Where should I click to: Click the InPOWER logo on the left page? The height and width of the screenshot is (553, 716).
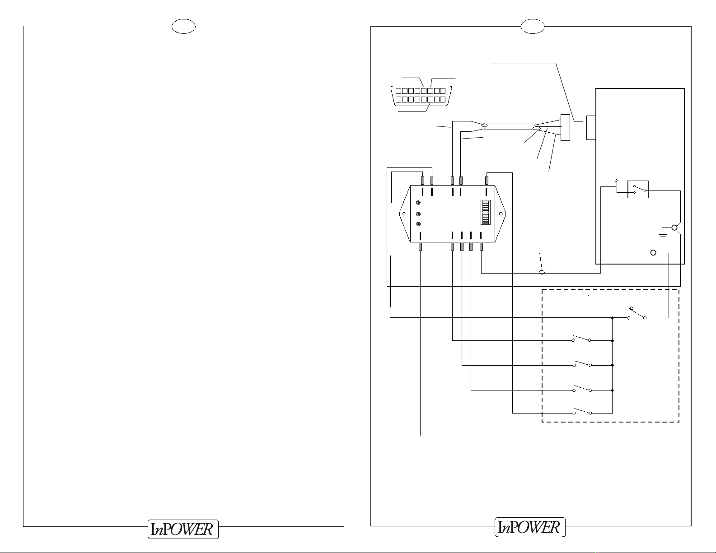[x=183, y=529]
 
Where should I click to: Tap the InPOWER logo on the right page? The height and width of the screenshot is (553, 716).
[x=530, y=527]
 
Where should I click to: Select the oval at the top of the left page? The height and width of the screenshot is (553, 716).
[x=183, y=26]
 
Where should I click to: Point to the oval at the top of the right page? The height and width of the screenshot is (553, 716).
[x=533, y=26]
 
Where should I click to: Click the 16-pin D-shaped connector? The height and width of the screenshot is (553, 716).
[x=421, y=95]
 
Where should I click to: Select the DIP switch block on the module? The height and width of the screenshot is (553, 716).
[x=485, y=212]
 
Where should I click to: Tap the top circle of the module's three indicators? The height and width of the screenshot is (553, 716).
[x=418, y=202]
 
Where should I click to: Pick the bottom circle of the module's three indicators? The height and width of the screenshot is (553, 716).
[x=418, y=224]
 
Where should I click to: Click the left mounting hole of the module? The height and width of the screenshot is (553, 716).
[x=404, y=214]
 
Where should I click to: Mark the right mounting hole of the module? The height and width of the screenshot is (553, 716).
[x=501, y=214]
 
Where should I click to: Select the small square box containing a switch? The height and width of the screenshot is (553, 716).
[x=638, y=189]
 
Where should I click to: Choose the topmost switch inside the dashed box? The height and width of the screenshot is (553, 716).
[x=637, y=313]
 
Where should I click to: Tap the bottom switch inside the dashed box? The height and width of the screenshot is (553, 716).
[x=582, y=411]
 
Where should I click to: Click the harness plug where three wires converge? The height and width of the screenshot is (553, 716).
[x=565, y=127]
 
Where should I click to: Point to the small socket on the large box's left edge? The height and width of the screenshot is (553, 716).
[x=591, y=128]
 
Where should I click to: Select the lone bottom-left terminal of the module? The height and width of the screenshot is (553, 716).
[x=420, y=247]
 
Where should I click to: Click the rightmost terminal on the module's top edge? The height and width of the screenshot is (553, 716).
[x=487, y=181]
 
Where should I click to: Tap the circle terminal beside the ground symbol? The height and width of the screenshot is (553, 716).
[x=674, y=228]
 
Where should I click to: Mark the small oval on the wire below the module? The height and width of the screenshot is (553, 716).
[x=541, y=273]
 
